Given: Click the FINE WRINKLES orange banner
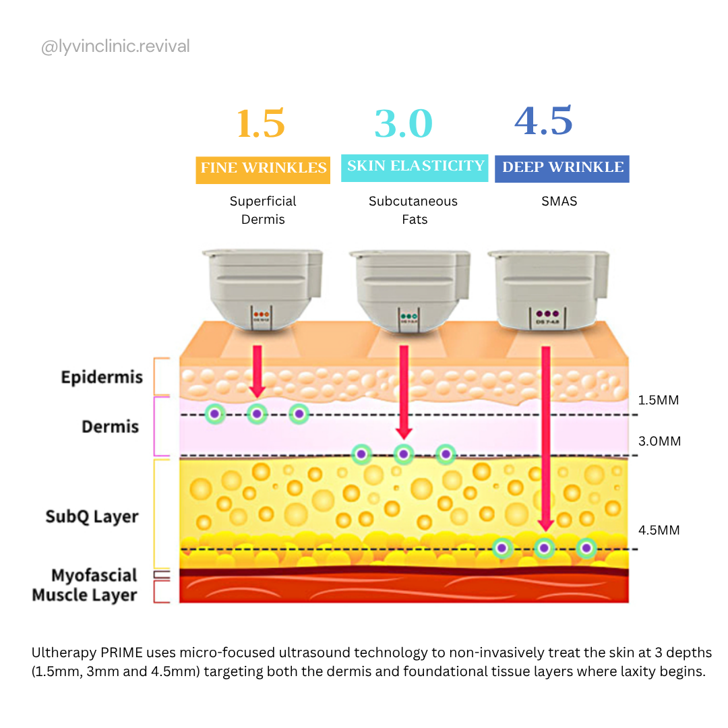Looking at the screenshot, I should pos(263,168).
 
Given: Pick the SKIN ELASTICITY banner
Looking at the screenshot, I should pos(415,166).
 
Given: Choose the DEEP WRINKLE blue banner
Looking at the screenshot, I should pos(562,167).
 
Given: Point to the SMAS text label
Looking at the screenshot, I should pos(559,201).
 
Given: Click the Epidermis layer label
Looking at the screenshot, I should pos(102,377).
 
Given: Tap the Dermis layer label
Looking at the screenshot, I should pos(110,427).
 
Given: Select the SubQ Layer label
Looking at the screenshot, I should pos(92,517).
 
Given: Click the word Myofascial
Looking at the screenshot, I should pos(94,576).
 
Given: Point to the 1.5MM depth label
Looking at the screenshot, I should pos(658,400).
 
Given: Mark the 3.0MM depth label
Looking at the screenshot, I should pos(659,442).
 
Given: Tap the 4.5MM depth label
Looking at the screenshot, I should pos(659,530).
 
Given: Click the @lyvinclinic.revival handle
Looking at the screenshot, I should pos(115,47).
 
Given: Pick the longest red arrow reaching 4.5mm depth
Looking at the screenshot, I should pos(545,438).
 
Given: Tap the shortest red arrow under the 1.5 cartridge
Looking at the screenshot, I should pos(255,371).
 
